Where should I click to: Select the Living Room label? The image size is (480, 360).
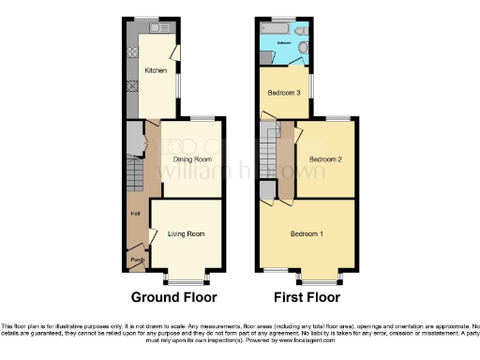click(x=186, y=233)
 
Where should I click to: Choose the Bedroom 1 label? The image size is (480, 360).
click(x=307, y=233)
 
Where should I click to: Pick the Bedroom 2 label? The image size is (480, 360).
click(x=324, y=159)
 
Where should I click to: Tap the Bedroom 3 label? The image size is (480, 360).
click(x=284, y=93)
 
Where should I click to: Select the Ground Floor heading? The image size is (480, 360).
click(x=173, y=299)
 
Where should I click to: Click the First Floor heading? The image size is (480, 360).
click(x=306, y=299)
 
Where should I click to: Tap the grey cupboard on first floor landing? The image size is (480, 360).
click(x=268, y=191)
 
